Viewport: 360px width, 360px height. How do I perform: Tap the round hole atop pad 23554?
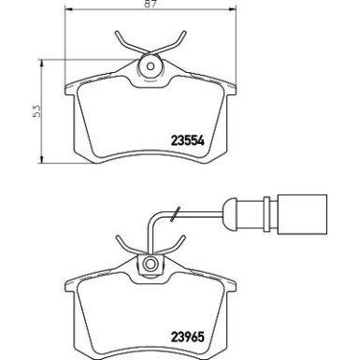[x=150, y=67]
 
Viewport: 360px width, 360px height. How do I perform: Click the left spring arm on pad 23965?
[x=125, y=245]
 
